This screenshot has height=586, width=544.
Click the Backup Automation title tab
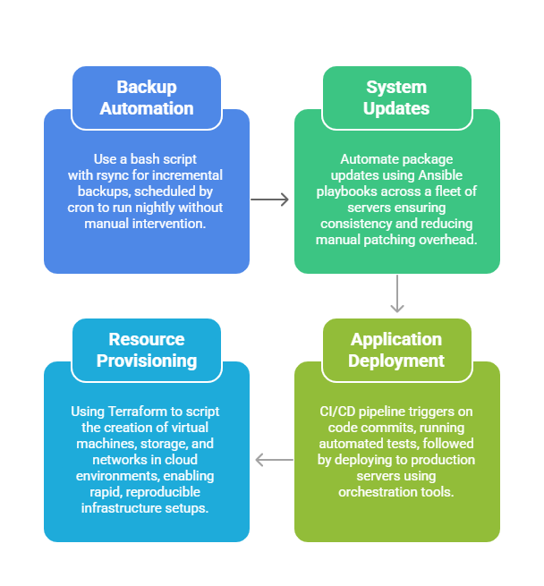click(147, 98)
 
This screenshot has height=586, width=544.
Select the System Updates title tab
click(396, 98)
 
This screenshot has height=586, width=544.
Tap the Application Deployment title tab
click(396, 350)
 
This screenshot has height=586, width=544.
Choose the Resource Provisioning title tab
click(147, 350)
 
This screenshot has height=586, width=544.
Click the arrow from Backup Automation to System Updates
click(270, 200)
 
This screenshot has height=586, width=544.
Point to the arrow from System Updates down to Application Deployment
click(397, 294)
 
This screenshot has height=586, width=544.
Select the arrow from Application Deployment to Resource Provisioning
click(274, 460)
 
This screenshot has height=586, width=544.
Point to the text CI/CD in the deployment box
click(336, 412)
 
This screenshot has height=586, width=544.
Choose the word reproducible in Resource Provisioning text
click(161, 492)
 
